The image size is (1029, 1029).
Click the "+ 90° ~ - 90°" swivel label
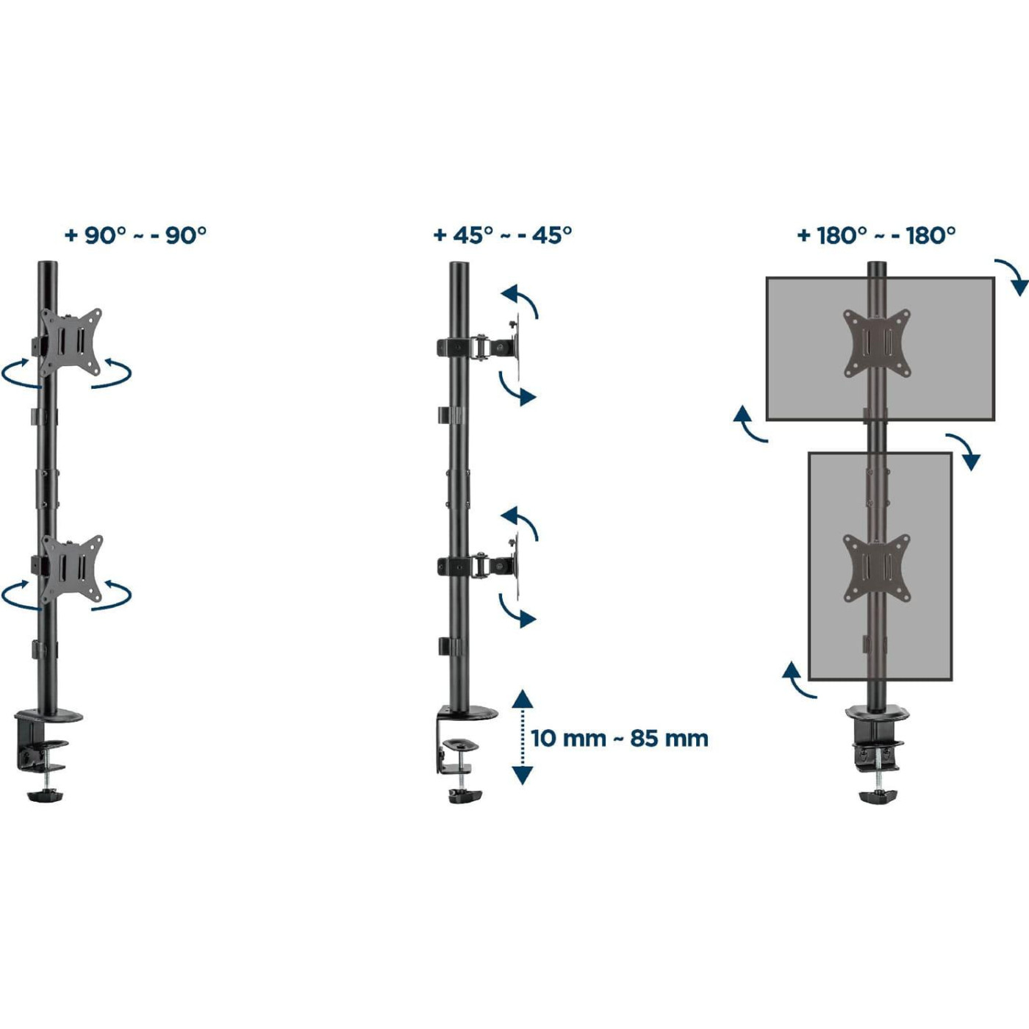135,235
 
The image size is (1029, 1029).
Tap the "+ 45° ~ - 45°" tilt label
503,235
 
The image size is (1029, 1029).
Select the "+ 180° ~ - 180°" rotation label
876,235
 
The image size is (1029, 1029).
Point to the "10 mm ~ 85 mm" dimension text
620,739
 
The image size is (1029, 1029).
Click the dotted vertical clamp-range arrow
523,737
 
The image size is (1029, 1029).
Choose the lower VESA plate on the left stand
72,569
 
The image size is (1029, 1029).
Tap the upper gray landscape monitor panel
880,348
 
